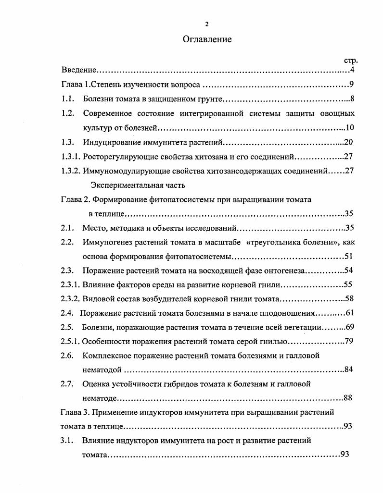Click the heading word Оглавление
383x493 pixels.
pyautogui.click(x=207, y=39)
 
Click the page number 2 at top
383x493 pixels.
pyautogui.click(x=207, y=24)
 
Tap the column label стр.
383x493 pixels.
pyautogui.click(x=351, y=61)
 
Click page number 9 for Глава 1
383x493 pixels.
pyautogui.click(x=352, y=86)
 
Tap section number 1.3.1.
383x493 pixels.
pyautogui.click(x=71, y=157)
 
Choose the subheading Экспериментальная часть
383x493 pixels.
pyautogui.click(x=138, y=185)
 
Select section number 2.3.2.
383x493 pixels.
pyautogui.click(x=71, y=299)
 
